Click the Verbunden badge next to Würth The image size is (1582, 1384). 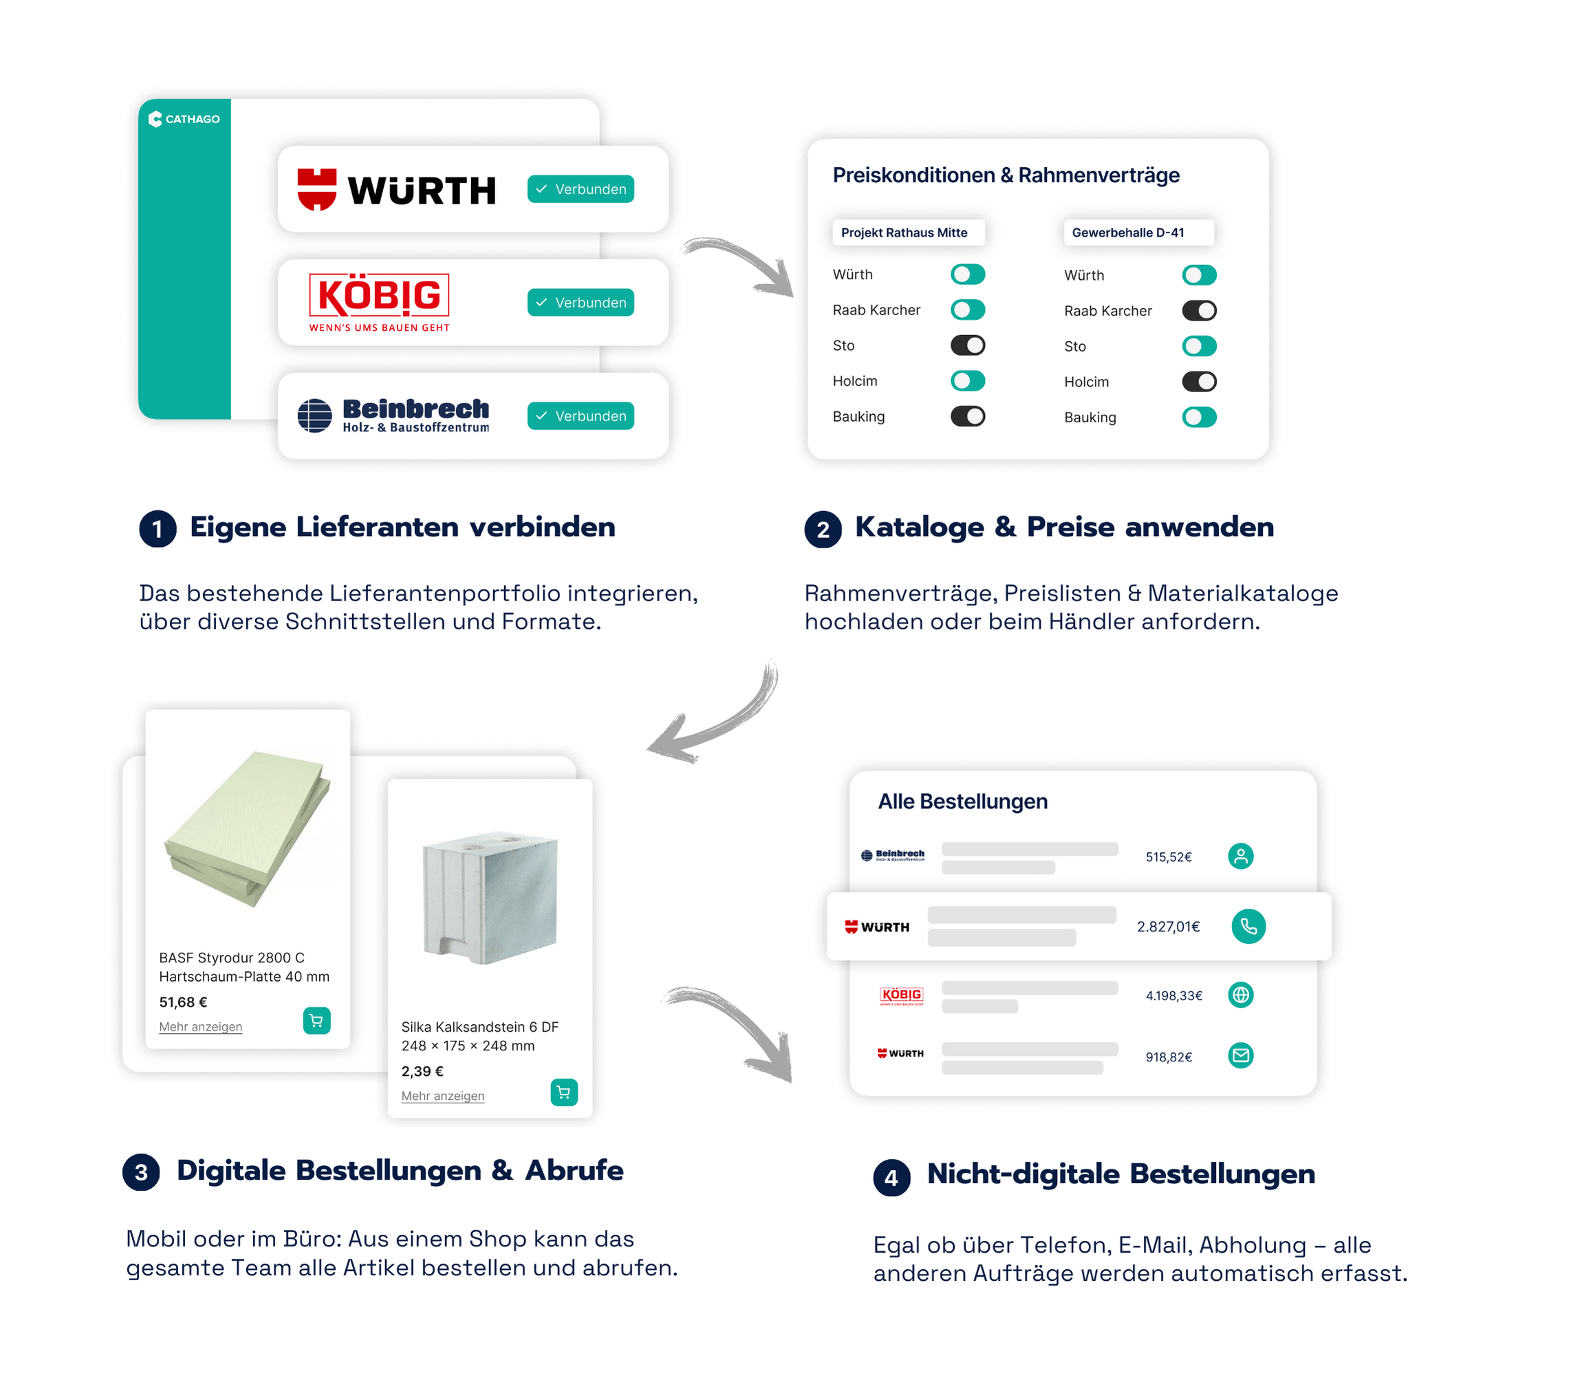[581, 189]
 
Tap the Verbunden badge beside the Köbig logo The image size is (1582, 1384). [581, 303]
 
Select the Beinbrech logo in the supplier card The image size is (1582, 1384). [393, 415]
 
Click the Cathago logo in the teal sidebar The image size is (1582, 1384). [184, 119]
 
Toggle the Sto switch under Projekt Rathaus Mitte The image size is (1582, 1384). [967, 345]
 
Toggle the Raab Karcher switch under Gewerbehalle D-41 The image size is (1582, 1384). [1199, 310]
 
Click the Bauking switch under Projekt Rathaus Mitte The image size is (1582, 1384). [967, 416]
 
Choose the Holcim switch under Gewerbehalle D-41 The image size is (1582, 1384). [1199, 382]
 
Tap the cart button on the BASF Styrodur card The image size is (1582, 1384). [316, 1020]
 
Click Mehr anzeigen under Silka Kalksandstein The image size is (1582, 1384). [442, 1096]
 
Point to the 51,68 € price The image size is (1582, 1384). [183, 1002]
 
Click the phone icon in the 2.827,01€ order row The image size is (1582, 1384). [1248, 926]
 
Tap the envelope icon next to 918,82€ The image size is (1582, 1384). [1240, 1055]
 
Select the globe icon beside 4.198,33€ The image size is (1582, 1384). [1240, 995]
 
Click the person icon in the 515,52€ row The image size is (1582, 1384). [1240, 856]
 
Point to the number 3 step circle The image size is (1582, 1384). [140, 1172]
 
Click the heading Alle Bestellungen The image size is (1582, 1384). [962, 801]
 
